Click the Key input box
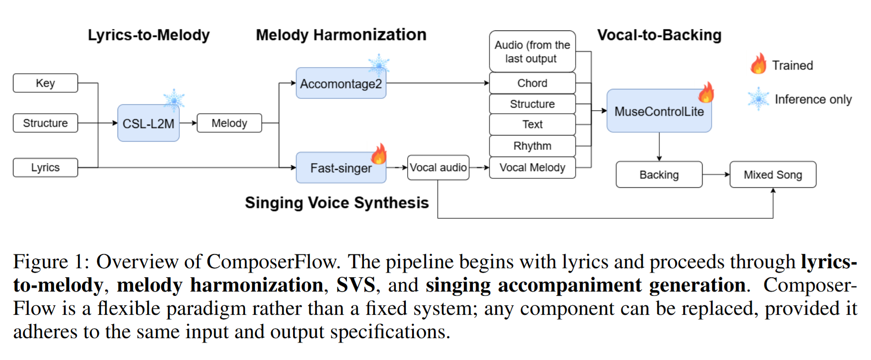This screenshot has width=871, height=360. click(x=45, y=83)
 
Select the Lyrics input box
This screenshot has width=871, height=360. click(x=45, y=167)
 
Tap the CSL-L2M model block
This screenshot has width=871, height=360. click(x=148, y=124)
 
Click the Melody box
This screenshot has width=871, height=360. click(x=229, y=123)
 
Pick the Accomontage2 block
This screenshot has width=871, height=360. click(x=341, y=84)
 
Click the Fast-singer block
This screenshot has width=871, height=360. click(x=341, y=168)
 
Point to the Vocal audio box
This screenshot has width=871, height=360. click(x=438, y=167)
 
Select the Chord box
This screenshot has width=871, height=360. click(x=532, y=83)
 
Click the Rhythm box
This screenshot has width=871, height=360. click(x=532, y=146)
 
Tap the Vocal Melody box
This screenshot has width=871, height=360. click(x=532, y=167)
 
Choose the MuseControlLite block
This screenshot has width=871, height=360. click(x=659, y=111)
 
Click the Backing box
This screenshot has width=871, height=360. click(x=659, y=175)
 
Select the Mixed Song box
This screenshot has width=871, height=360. click(x=773, y=175)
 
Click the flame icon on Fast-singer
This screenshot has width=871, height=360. click(x=379, y=154)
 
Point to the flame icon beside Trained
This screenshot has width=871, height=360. click(x=759, y=64)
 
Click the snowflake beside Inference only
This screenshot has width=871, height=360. click(x=758, y=99)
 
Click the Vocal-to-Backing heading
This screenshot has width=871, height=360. click(x=659, y=35)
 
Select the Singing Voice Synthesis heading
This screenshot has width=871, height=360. click(x=337, y=203)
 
